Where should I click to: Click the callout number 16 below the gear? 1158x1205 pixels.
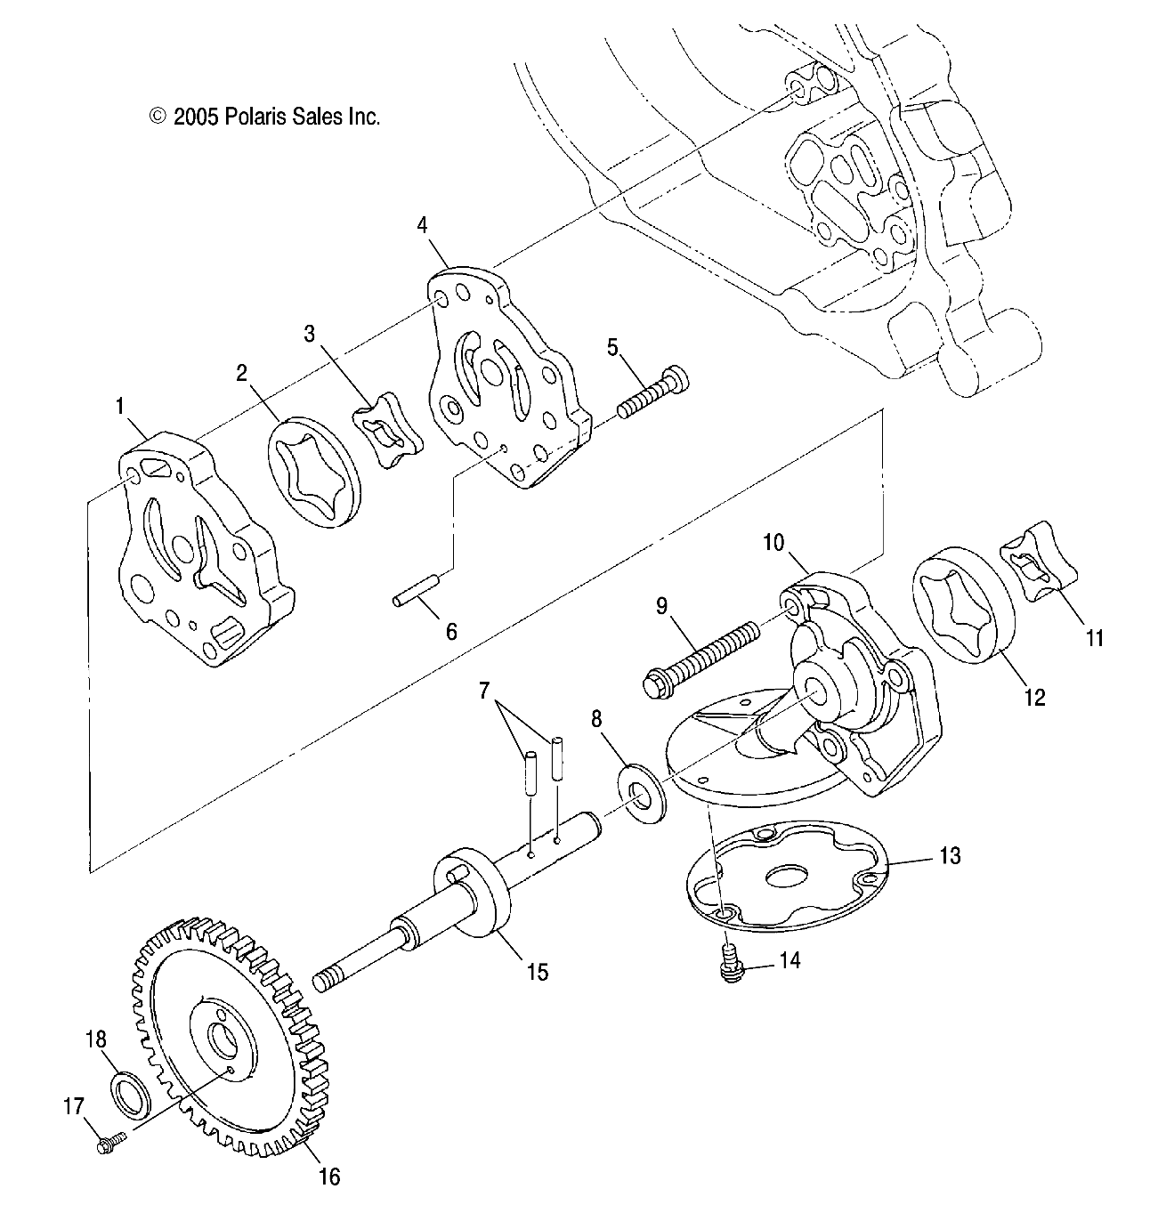pos(329,1176)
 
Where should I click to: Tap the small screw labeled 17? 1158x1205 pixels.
pos(111,1143)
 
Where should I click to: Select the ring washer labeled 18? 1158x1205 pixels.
pos(131,1093)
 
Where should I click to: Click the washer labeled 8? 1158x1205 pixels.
pos(641,795)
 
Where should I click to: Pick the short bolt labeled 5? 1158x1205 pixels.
pos(653,393)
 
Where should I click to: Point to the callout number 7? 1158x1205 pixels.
pos(483,690)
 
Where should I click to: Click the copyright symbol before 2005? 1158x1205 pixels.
pos(158,116)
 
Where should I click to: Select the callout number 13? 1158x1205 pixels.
pos(950,856)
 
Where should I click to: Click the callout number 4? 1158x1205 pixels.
pos(422,225)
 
